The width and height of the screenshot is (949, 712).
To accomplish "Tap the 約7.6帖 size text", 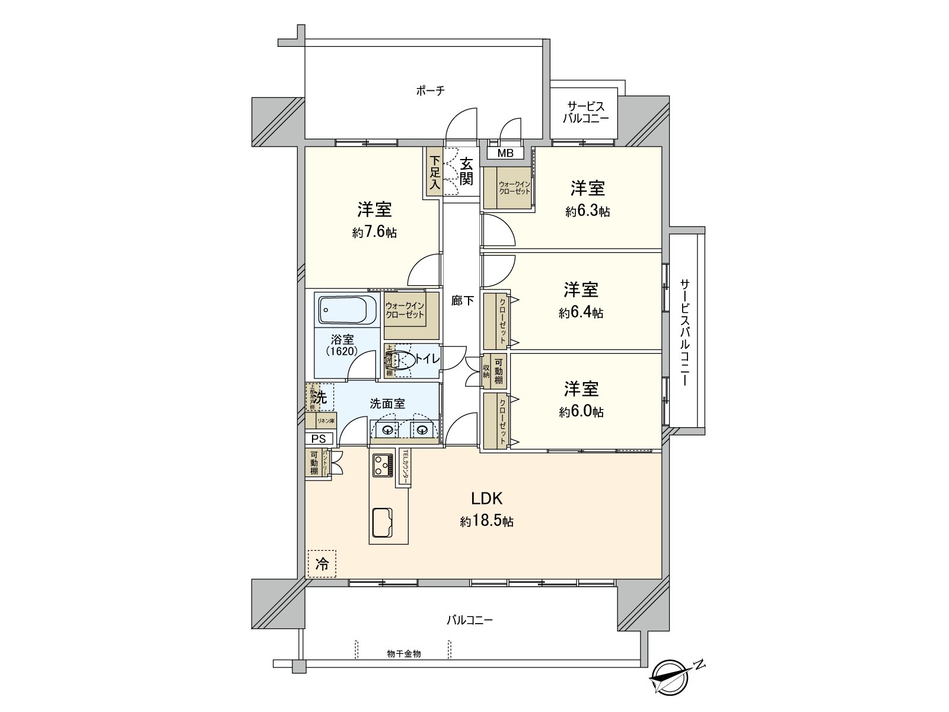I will point(374,233).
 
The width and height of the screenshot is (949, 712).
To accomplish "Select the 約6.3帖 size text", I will point(587,211).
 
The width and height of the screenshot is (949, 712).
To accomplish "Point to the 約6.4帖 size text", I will point(581,313).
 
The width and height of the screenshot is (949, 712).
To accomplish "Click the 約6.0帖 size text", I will point(581,412).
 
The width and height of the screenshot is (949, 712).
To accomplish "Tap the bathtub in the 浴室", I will point(348,309).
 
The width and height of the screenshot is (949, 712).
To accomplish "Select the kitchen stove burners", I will point(382,465).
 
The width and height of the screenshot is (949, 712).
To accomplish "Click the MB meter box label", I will point(505,153).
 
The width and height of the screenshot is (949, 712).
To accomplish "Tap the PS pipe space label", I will point(319,439).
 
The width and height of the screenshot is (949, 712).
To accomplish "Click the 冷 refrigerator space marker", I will point(321,564).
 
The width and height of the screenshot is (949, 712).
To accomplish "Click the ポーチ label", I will point(429,91).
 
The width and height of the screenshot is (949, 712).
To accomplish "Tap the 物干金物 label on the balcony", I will point(403,653).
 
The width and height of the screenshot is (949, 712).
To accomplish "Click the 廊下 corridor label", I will point(462,301).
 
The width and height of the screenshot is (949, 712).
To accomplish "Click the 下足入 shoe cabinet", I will point(434,172).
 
